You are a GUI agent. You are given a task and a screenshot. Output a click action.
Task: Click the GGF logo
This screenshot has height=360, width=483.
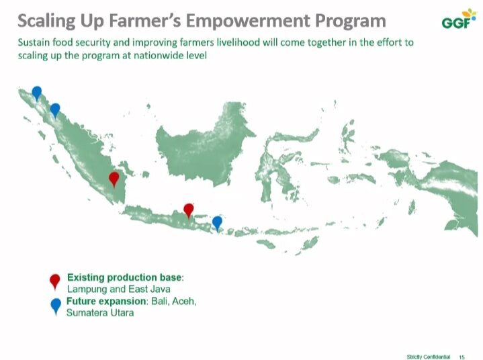coord(458,19)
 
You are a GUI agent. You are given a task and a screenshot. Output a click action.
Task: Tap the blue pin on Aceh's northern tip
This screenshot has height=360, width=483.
coord(37,93)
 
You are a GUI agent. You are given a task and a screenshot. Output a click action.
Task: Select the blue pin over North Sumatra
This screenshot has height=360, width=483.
coord(55,110)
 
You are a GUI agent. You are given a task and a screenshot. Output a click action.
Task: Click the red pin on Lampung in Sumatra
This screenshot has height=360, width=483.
coord(114,179)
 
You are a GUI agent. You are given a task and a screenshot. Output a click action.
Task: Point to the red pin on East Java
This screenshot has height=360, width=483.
coord(189,210)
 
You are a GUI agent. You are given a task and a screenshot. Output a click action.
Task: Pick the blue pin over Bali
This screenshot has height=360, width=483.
coord(217,223)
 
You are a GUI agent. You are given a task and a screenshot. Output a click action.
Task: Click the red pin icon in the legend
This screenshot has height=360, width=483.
coord(55,281)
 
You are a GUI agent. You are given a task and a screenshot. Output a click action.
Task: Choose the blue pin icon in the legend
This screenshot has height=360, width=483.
coord(56,306)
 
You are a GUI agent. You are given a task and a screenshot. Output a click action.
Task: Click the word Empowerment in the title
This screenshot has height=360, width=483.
coord(248,21)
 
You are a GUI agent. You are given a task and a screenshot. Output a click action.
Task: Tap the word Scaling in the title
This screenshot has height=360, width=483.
coord(46,21)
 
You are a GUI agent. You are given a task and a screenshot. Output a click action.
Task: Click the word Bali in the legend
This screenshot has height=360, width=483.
coord(160,301)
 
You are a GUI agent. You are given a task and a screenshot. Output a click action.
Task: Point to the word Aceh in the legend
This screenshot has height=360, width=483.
coord(184,301)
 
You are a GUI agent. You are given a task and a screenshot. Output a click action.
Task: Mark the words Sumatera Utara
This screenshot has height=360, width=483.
coord(100,312)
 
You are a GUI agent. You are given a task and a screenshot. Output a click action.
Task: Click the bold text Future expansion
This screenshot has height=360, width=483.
coord(106,301)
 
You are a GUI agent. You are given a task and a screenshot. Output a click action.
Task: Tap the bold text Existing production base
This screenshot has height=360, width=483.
coord(124,277)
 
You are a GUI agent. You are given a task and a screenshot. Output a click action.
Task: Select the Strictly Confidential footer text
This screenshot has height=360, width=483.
coord(429,357)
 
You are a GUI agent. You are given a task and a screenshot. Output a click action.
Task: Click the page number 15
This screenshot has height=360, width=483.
coord(462,357)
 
